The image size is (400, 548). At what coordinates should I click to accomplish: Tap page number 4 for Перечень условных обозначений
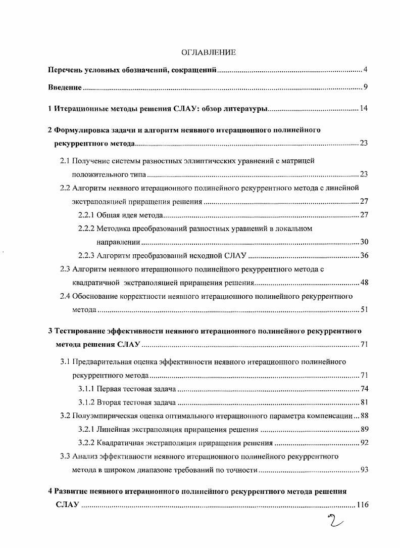tap(365, 69)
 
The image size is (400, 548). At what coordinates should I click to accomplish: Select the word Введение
tap(65, 87)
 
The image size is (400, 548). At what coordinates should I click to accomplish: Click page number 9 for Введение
tap(365, 87)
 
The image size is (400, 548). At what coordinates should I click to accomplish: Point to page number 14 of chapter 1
tap(364, 109)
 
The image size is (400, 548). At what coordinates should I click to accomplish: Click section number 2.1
tap(65, 161)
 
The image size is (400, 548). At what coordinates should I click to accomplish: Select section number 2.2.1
tap(86, 215)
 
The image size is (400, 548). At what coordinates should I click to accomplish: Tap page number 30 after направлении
tap(364, 242)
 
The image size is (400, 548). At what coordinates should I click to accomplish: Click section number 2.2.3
tap(86, 255)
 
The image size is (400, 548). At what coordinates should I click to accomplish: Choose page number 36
tap(364, 255)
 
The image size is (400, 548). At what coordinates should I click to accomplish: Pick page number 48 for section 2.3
tap(364, 282)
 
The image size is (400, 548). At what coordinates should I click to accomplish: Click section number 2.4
tap(65, 296)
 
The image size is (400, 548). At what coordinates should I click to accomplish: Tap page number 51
tap(364, 309)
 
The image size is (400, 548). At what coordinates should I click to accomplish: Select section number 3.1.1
tap(86, 389)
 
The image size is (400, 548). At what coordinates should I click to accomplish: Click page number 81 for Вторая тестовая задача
tap(364, 402)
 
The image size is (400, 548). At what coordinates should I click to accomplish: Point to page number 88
tap(364, 416)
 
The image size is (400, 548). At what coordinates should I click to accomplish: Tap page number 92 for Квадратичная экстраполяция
tap(364, 443)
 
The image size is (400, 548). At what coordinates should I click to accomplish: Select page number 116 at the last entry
tap(362, 505)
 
